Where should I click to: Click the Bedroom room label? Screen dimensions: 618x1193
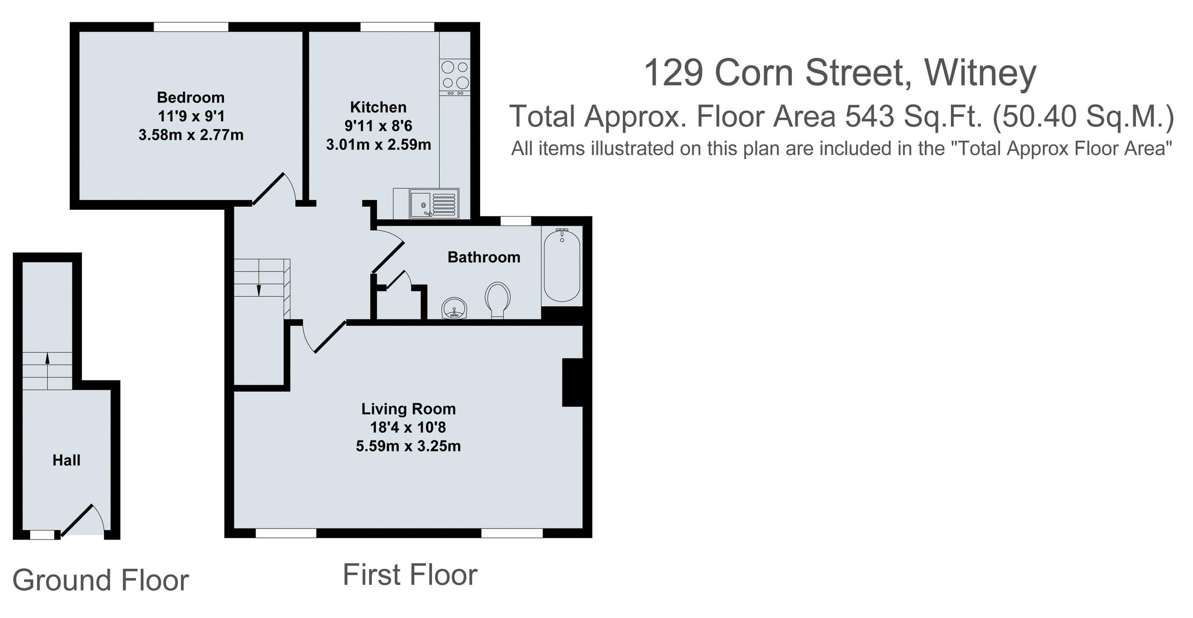[190, 97]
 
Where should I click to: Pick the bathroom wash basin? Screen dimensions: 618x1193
[454, 309]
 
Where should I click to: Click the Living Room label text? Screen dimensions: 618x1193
[408, 409]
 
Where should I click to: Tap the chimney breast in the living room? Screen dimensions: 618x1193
[572, 382]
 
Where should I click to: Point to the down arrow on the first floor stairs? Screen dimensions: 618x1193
[258, 289]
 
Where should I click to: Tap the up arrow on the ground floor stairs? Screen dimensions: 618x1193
[48, 356]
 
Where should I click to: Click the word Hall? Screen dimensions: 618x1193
[66, 460]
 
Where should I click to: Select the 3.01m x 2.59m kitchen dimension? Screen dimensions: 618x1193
[378, 145]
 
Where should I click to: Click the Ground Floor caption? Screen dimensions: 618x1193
[100, 580]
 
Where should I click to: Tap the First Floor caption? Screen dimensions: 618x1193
[410, 575]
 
